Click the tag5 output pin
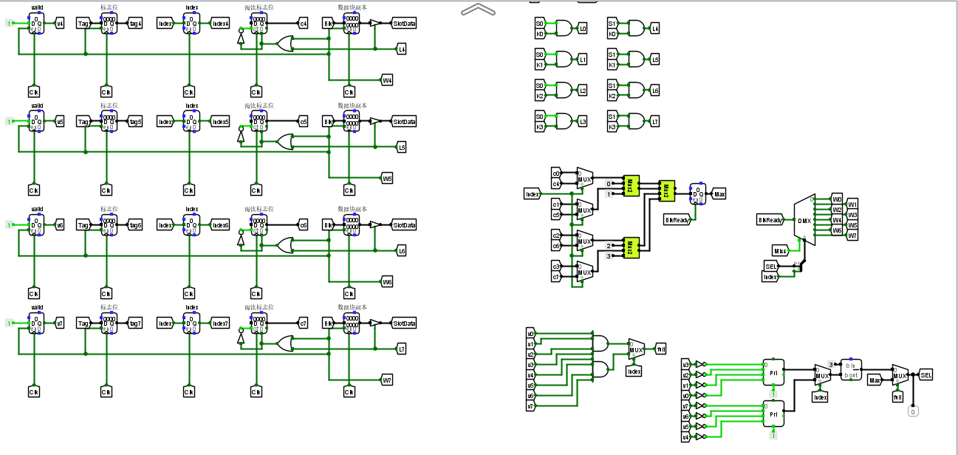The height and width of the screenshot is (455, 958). click(135, 122)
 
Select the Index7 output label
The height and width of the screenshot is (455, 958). click(220, 323)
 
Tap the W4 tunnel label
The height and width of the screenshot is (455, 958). click(387, 80)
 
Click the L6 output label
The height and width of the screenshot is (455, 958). click(401, 251)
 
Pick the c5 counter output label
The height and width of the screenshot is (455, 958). click(303, 122)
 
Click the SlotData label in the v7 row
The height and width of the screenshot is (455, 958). click(404, 323)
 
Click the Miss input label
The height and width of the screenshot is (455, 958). click(781, 251)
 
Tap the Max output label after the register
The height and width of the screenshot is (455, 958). click(719, 194)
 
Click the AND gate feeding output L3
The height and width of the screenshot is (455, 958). click(563, 121)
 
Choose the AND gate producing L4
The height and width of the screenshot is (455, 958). click(635, 29)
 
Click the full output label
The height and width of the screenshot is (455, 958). click(660, 349)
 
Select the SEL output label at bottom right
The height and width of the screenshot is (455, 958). click(926, 375)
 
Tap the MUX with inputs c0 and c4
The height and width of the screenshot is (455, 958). click(584, 178)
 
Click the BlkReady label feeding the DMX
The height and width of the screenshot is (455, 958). click(770, 220)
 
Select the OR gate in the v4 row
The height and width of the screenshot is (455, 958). click(284, 44)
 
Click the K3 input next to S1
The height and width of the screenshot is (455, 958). click(612, 127)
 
